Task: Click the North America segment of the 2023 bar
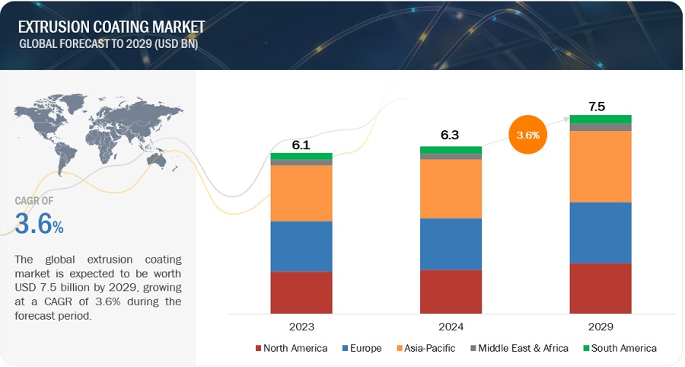(x=301, y=292)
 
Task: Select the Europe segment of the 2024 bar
(x=451, y=244)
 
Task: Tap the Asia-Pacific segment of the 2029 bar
(x=601, y=166)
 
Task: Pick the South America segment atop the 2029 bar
(x=601, y=119)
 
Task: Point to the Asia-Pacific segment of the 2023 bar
(x=301, y=193)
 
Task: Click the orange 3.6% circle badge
(x=527, y=135)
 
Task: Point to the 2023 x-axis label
(x=301, y=326)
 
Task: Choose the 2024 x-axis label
(x=451, y=326)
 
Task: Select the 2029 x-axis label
(x=601, y=326)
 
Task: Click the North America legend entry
(x=292, y=348)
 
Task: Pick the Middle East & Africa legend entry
(x=519, y=348)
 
